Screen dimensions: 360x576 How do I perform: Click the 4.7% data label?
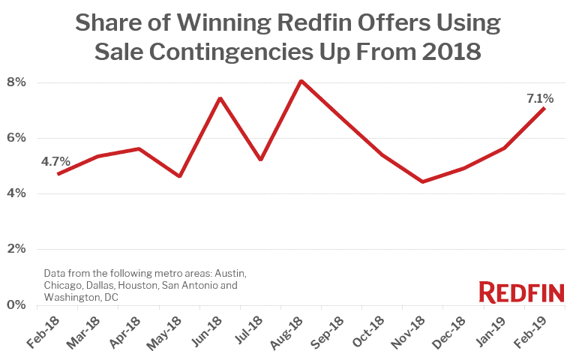click(x=56, y=161)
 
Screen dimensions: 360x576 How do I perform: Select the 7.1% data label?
click(x=539, y=97)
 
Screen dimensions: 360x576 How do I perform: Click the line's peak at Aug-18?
click(x=301, y=80)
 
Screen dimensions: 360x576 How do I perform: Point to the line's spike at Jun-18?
click(x=220, y=98)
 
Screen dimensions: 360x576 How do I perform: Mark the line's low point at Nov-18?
click(x=422, y=181)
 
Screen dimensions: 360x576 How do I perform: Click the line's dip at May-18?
click(x=179, y=176)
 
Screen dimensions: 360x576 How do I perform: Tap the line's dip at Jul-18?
click(x=260, y=160)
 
